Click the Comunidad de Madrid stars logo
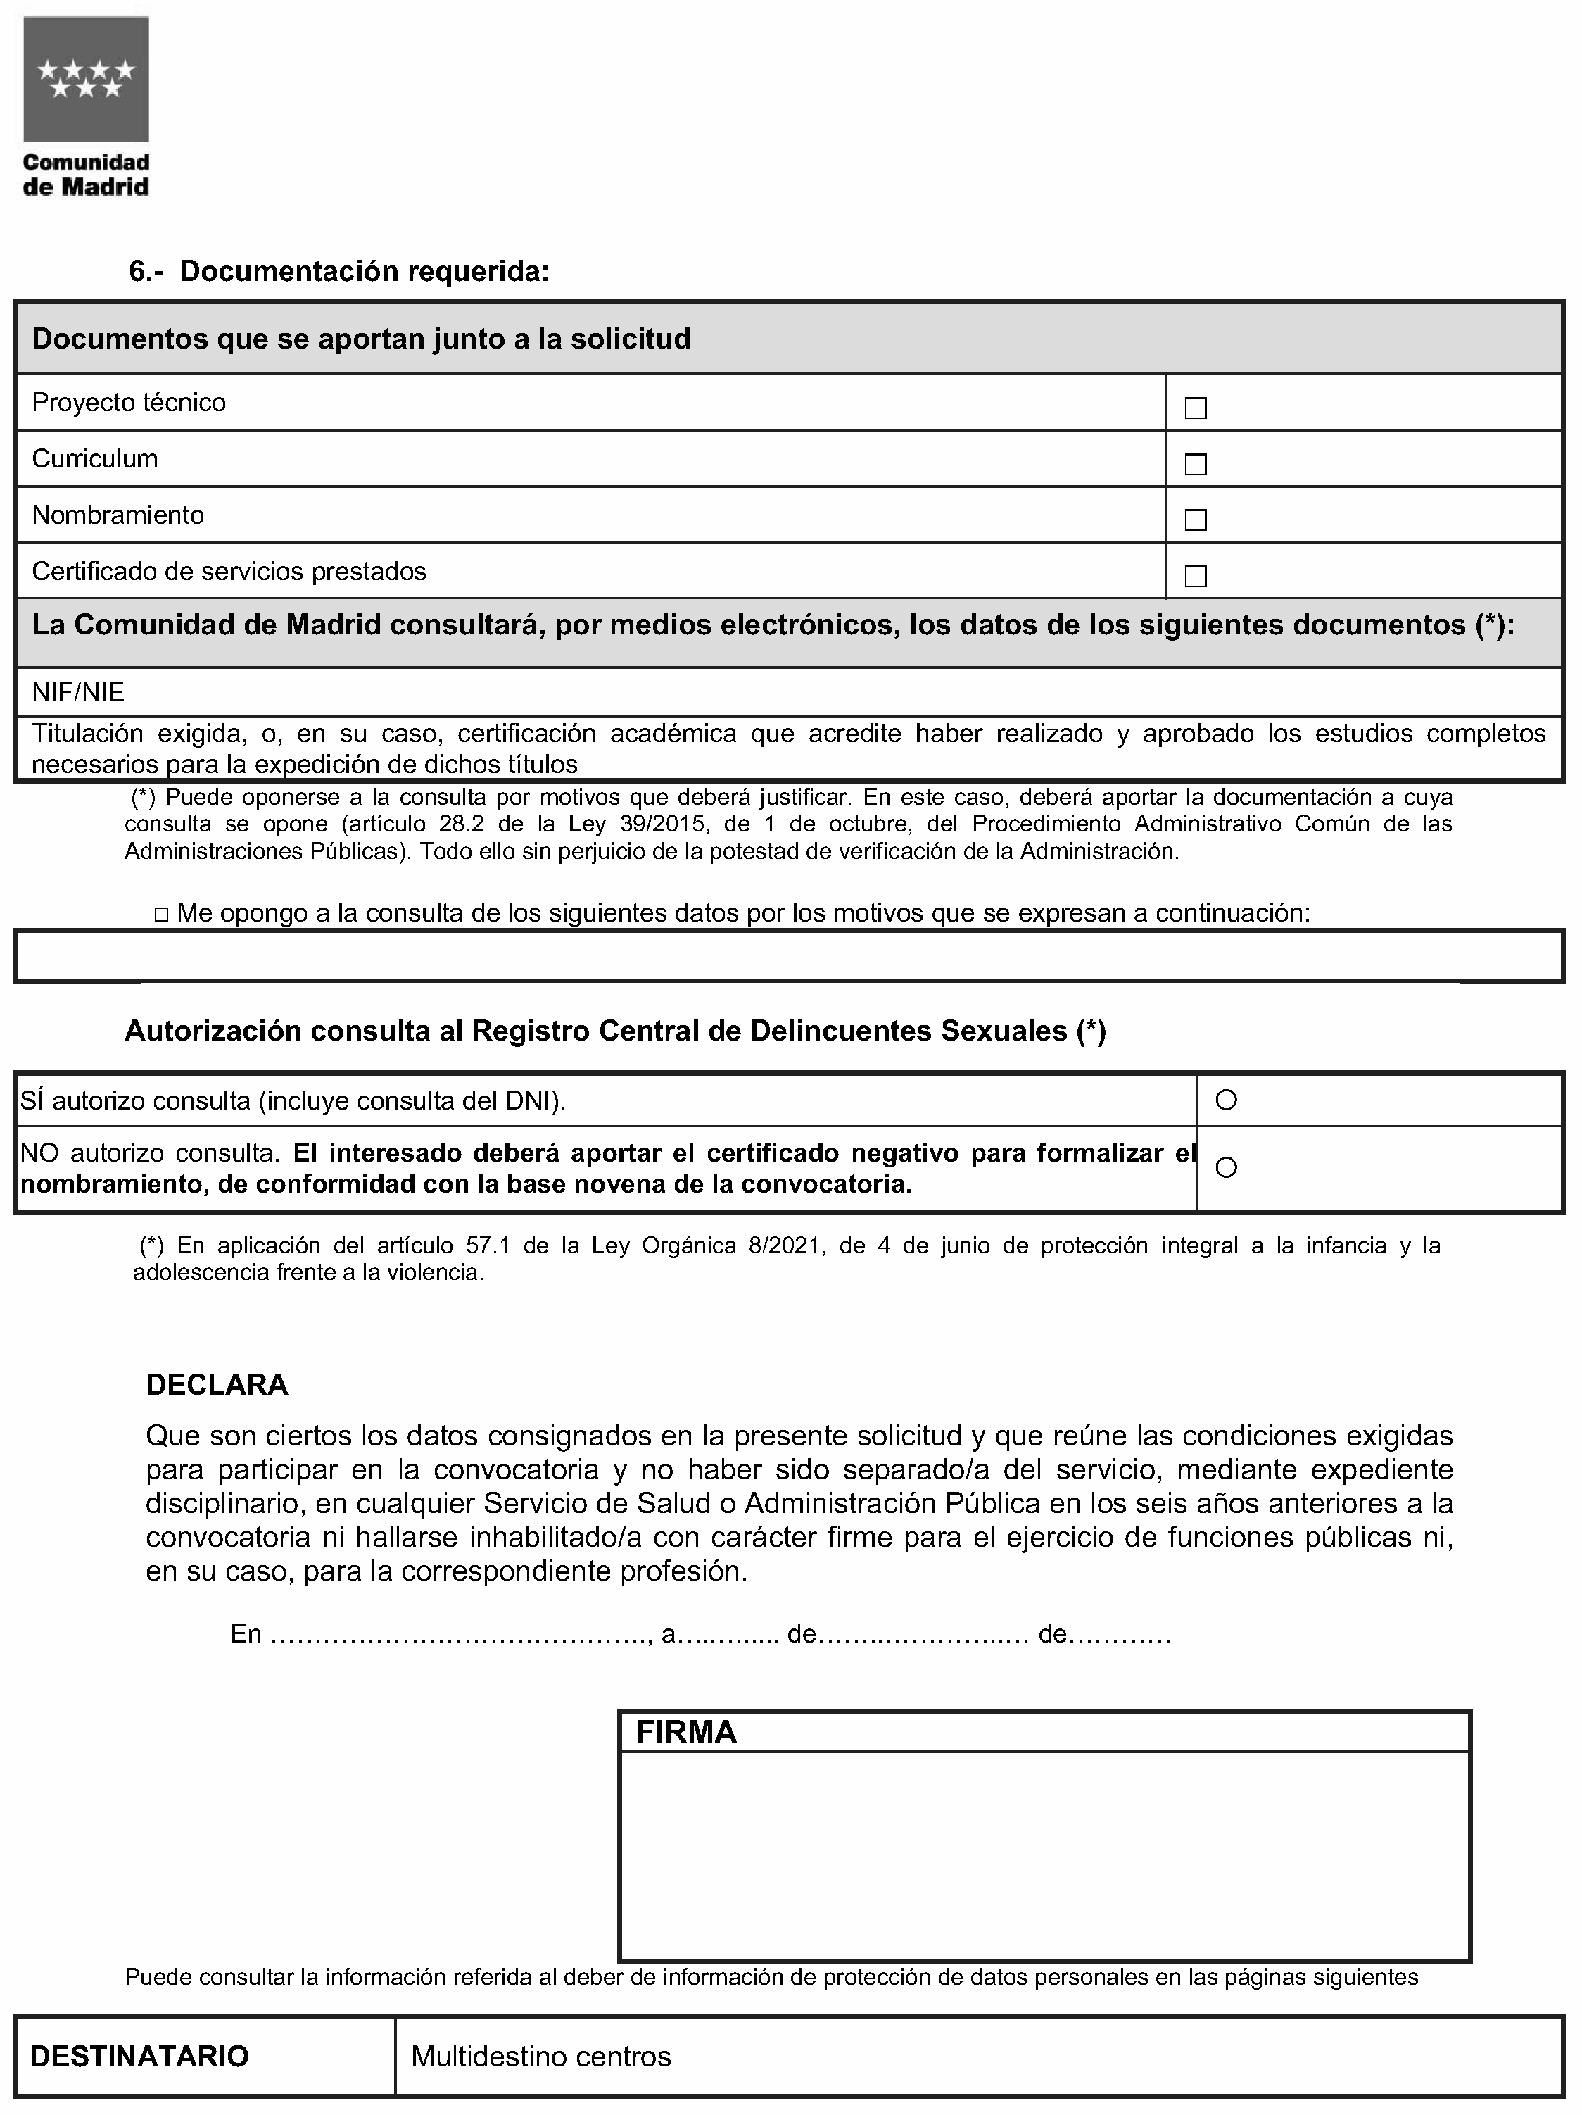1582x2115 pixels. click(86, 80)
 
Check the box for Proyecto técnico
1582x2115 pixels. click(1195, 408)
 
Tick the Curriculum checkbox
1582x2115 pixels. click(1195, 465)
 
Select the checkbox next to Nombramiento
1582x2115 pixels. click(1195, 520)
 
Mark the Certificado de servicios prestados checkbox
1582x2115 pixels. click(1195, 577)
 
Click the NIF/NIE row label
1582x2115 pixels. click(78, 692)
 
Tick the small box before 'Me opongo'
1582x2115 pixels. click(162, 916)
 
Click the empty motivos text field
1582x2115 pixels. click(790, 956)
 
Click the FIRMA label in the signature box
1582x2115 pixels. click(686, 1733)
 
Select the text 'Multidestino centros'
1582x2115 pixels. click(541, 2057)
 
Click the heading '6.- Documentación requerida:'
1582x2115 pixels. click(339, 272)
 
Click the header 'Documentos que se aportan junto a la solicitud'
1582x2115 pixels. click(361, 339)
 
